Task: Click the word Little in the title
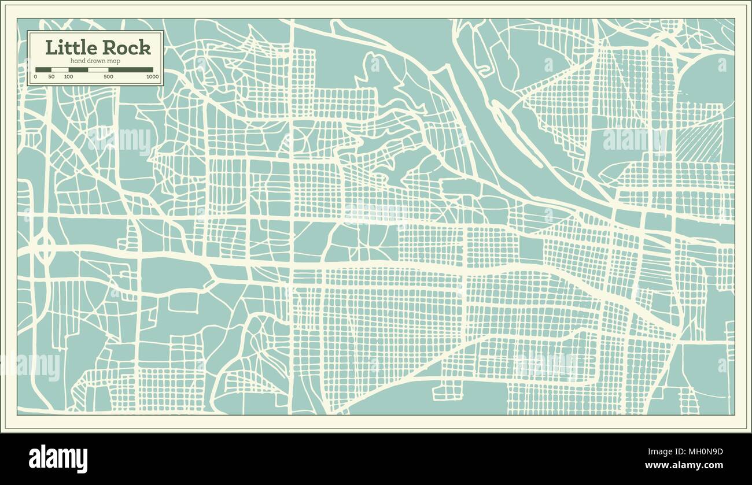[71, 48]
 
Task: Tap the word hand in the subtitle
[78, 61]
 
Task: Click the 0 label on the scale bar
[36, 76]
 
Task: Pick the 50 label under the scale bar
[51, 76]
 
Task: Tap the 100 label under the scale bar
[68, 76]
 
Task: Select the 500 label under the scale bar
[108, 76]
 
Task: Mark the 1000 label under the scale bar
[152, 76]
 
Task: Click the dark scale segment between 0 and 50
[43, 69]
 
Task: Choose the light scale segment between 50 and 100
[60, 69]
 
